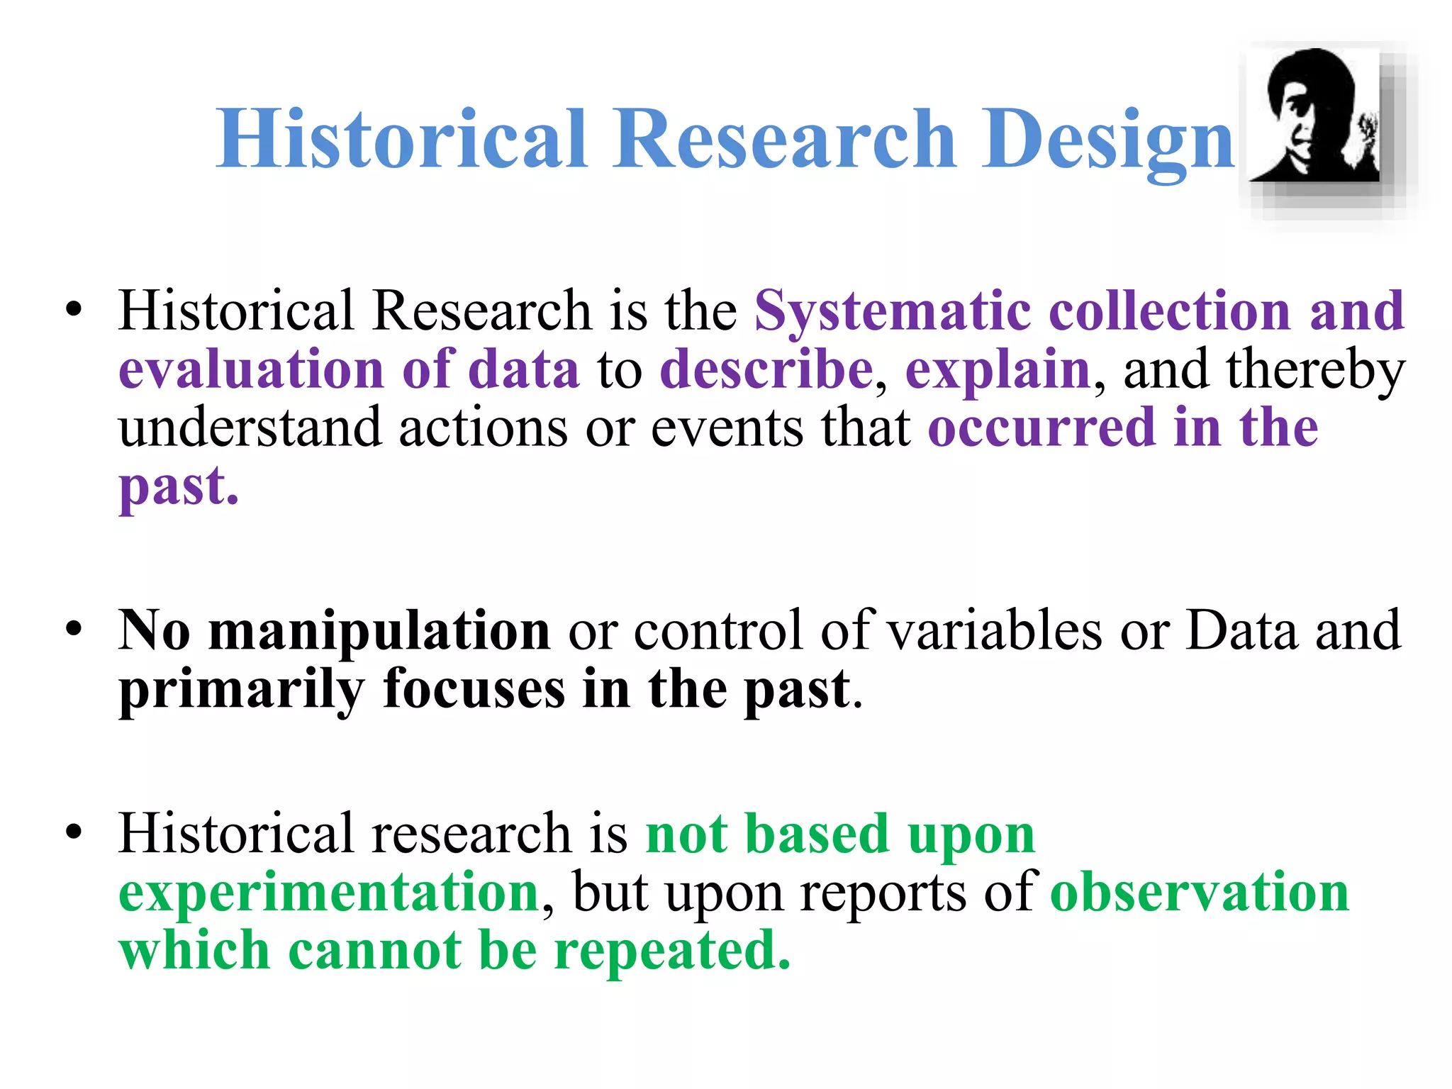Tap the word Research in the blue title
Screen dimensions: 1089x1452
point(786,139)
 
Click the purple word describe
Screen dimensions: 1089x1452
point(766,370)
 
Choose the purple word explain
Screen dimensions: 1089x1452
point(998,370)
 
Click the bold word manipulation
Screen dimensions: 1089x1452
point(379,630)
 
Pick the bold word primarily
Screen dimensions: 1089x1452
point(241,690)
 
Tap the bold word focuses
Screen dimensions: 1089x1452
point(474,690)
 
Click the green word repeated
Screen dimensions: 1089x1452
point(672,951)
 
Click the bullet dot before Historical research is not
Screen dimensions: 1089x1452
point(74,832)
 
